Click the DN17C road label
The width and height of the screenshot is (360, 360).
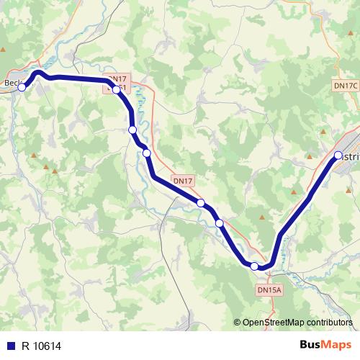[x=345, y=85]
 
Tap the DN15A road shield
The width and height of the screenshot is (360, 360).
[x=269, y=289]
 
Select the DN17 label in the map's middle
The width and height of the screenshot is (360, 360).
[x=183, y=181]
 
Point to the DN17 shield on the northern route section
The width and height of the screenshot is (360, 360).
[x=117, y=78]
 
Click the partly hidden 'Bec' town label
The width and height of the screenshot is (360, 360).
[x=12, y=82]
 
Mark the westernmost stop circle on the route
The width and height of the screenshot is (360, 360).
[x=22, y=87]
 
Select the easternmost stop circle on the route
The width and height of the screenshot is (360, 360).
[x=338, y=155]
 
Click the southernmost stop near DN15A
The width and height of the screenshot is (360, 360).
[x=254, y=266]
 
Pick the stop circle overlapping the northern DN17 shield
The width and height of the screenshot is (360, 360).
[x=116, y=89]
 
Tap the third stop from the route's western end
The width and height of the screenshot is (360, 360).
[x=132, y=130]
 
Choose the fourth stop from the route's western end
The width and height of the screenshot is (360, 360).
[x=146, y=153]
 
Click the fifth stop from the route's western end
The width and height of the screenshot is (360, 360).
[x=201, y=203]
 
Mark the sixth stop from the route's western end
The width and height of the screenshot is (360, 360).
[x=220, y=223]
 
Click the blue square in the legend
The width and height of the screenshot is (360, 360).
[x=10, y=346]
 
